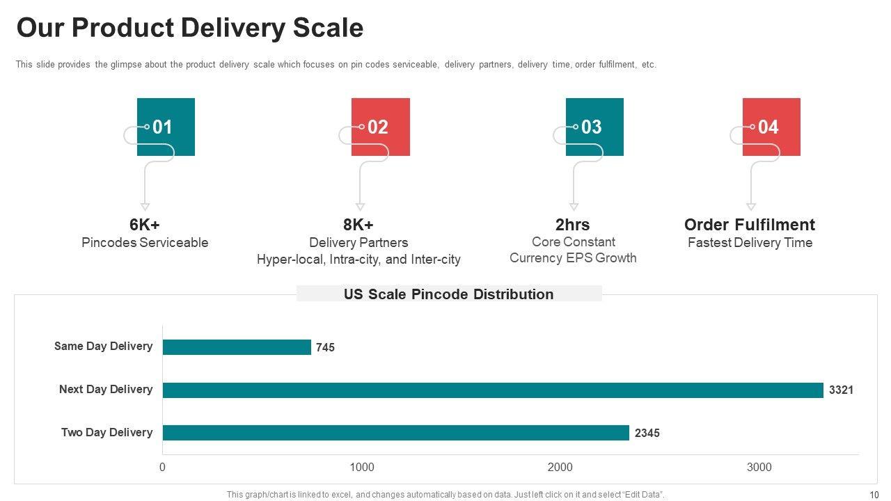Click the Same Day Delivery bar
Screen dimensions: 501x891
[237, 347]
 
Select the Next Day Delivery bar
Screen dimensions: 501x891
[493, 390]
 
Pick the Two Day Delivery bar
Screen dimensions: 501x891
[395, 433]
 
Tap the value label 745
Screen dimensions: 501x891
[325, 347]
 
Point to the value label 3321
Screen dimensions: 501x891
[841, 390]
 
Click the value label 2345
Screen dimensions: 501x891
[647, 434]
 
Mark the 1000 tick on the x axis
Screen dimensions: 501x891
[362, 468]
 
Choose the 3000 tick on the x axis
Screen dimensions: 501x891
[759, 468]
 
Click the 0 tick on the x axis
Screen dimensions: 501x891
[163, 468]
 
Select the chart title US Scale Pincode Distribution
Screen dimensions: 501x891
[449, 294]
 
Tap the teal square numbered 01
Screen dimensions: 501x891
[166, 127]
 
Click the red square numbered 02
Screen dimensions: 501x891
[381, 127]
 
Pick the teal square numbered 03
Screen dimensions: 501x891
[594, 127]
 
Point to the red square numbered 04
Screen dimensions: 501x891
[771, 127]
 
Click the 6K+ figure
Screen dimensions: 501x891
[145, 225]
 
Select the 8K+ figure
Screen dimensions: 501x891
[358, 225]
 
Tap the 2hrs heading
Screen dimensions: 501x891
[573, 225]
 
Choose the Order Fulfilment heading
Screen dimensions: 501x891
[750, 225]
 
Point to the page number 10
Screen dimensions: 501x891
[874, 495]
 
